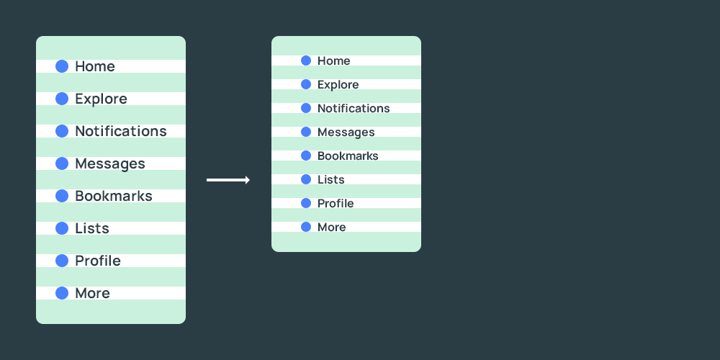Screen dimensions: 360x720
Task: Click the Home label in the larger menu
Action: point(95,66)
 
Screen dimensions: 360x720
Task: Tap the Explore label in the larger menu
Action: point(101,99)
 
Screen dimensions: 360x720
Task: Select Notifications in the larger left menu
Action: point(121,131)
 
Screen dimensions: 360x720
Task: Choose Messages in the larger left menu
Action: point(110,163)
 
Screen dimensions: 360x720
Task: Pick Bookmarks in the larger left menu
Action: point(114,196)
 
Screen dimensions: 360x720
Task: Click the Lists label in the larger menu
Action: point(92,228)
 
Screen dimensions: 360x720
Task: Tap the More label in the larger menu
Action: point(92,293)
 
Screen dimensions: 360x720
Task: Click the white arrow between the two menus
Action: point(228,180)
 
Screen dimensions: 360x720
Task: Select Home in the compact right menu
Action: point(333,61)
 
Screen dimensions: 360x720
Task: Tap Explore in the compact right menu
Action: point(338,85)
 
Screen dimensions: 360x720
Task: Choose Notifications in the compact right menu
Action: point(354,109)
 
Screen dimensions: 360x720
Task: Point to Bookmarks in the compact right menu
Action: point(348,156)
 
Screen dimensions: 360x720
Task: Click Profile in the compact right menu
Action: point(336,204)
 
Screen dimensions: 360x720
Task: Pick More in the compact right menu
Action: point(331,228)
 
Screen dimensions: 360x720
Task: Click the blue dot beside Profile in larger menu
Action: point(62,261)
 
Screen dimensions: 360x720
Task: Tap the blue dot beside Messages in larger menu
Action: point(62,163)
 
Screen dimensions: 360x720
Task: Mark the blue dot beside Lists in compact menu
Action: point(306,179)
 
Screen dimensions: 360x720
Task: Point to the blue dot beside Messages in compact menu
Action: point(306,132)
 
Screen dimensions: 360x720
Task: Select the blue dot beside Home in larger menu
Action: point(62,66)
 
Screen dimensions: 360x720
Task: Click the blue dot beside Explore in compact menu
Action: point(306,84)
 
